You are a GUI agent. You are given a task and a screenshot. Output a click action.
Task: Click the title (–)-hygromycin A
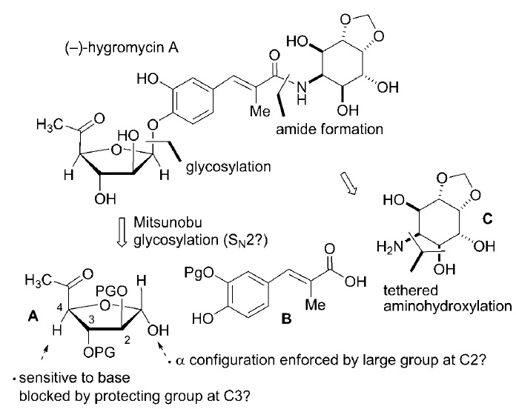click(122, 48)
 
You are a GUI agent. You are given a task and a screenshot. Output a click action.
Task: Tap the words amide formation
click(329, 129)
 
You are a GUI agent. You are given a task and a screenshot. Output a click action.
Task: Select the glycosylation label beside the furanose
click(228, 167)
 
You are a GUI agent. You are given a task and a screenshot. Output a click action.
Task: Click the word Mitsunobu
click(168, 222)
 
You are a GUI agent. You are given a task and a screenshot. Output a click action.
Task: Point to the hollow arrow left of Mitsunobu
click(122, 232)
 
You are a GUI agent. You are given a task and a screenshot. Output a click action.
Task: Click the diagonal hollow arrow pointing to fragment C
click(348, 183)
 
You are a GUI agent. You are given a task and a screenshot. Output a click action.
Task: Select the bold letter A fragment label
click(33, 316)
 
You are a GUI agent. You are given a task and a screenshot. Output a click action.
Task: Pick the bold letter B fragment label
click(286, 319)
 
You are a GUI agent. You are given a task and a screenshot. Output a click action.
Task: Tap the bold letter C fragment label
click(487, 219)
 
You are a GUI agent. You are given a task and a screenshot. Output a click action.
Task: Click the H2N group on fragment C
click(390, 246)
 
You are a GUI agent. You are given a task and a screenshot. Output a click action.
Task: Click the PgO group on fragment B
click(199, 272)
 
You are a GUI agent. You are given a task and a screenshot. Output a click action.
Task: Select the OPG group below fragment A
click(99, 353)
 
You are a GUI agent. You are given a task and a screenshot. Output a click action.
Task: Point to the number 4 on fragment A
click(59, 307)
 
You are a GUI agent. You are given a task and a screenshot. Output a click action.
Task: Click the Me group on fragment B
click(315, 305)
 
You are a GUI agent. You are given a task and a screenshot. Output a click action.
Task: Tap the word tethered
click(411, 290)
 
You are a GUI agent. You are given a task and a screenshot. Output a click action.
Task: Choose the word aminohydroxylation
click(448, 307)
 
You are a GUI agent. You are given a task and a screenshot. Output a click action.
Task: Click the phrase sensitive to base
click(75, 378)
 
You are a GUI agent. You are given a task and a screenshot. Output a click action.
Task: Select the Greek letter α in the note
click(179, 361)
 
